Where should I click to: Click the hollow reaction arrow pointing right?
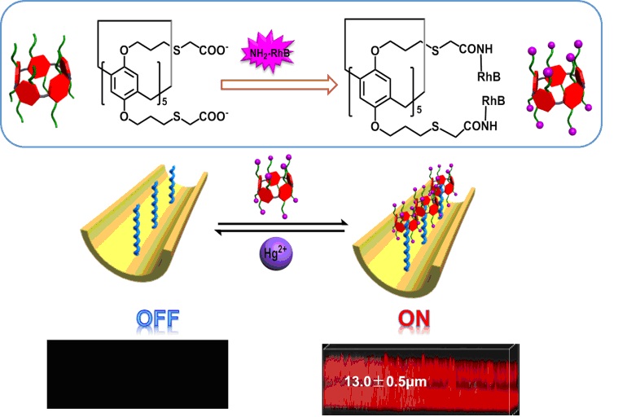pyautogui.click(x=278, y=83)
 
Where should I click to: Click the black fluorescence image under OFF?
pyautogui.click(x=137, y=374)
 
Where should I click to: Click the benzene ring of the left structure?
pyautogui.click(x=132, y=86)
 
